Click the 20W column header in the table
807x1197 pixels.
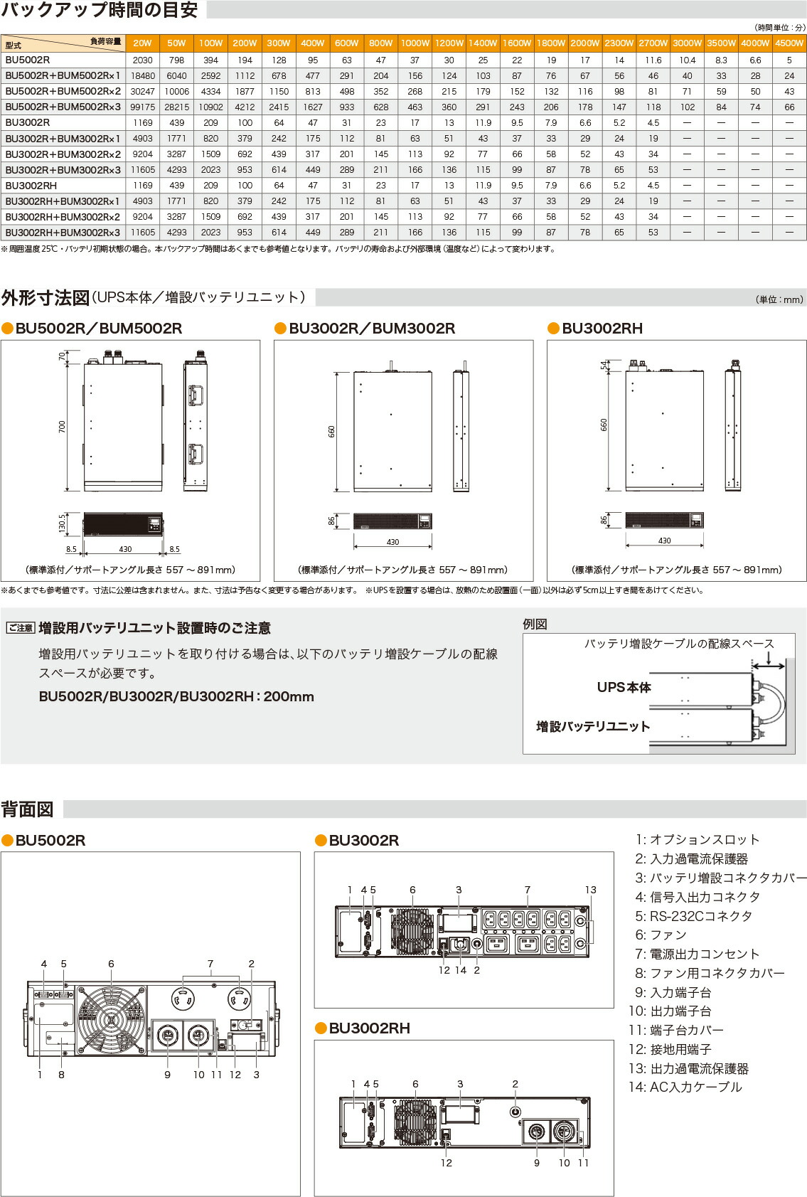tap(142, 43)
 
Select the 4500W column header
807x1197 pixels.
tap(789, 43)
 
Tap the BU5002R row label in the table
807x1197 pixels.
tap(28, 60)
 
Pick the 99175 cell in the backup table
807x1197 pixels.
tap(142, 107)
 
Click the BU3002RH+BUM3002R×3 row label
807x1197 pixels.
tap(63, 232)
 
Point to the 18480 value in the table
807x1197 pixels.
tap(142, 75)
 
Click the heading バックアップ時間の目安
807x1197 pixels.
tap(100, 10)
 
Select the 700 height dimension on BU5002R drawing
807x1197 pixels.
tap(62, 427)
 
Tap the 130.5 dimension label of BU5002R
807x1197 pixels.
tap(62, 523)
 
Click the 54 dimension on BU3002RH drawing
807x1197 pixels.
tap(604, 366)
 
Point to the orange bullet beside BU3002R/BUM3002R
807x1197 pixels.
tap(281, 328)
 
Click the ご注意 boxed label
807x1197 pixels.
tap(21, 628)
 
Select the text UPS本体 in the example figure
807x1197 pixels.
tap(624, 687)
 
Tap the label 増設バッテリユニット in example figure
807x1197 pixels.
tap(593, 726)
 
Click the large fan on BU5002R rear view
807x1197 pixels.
tap(111, 1019)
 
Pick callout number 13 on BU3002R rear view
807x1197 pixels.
tap(590, 890)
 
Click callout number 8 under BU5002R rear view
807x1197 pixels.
tap(61, 1075)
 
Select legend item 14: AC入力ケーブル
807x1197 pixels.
tap(685, 1087)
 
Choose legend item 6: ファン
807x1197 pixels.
tap(661, 935)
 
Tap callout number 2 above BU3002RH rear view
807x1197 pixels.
tap(515, 1084)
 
